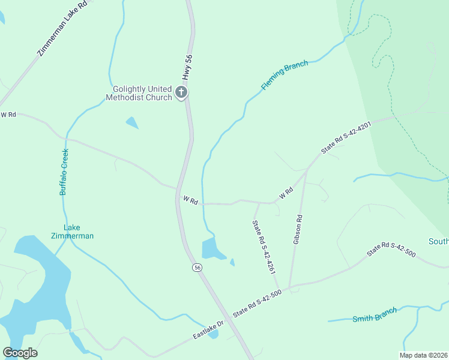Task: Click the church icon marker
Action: [181, 92]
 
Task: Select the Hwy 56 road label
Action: [188, 68]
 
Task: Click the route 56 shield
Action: [197, 268]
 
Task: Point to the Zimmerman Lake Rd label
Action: [62, 28]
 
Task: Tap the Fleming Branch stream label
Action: [285, 75]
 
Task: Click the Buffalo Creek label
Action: [64, 171]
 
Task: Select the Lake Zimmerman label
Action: [71, 232]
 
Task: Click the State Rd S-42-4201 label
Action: [346, 138]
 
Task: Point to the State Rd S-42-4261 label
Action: [264, 247]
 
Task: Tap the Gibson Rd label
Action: [297, 229]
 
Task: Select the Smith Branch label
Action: [375, 315]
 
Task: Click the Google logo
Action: [20, 353]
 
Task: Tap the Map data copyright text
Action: [423, 355]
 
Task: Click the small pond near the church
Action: [132, 122]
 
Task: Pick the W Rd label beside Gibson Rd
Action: [286, 193]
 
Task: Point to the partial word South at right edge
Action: [438, 241]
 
